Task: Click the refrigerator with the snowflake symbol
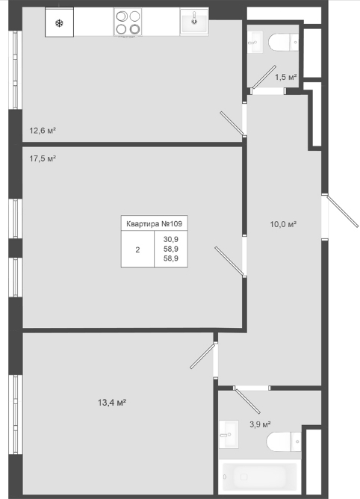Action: pyautogui.click(x=59, y=22)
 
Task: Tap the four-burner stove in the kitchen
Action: pyautogui.click(x=128, y=22)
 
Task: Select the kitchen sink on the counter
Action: pyautogui.click(x=194, y=22)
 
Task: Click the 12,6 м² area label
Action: pyautogui.click(x=43, y=131)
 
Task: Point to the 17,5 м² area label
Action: pyautogui.click(x=43, y=158)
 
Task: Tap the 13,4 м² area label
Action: pyautogui.click(x=112, y=403)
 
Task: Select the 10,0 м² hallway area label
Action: pyautogui.click(x=283, y=224)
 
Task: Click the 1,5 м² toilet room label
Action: pyautogui.click(x=286, y=77)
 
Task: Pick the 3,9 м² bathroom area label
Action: pyautogui.click(x=260, y=424)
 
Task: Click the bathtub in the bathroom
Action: pyautogui.click(x=260, y=477)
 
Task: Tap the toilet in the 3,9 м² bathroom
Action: pyautogui.click(x=284, y=441)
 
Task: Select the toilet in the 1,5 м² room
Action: pyautogui.click(x=283, y=42)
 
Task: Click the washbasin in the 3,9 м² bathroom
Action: pyautogui.click(x=229, y=434)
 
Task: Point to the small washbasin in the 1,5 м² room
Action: pyautogui.click(x=255, y=42)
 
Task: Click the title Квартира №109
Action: pyautogui.click(x=154, y=223)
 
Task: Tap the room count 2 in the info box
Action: pyautogui.click(x=137, y=249)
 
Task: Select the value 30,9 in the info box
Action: pyautogui.click(x=171, y=239)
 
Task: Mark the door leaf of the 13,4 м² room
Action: pyautogui.click(x=203, y=356)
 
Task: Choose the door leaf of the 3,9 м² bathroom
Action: pyautogui.click(x=247, y=400)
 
